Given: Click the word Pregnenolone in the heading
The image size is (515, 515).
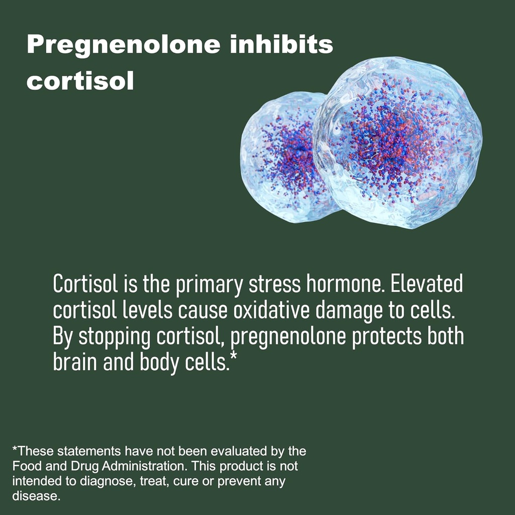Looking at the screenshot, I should click(124, 45).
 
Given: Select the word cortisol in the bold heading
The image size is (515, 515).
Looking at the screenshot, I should click(80, 81).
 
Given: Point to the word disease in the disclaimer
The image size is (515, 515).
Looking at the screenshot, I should click(35, 496).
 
